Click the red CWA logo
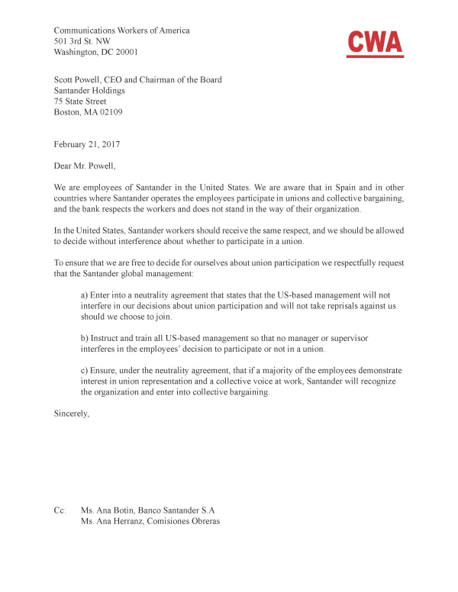coord(375,43)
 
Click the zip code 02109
coord(108,112)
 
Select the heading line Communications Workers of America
coord(121,31)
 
